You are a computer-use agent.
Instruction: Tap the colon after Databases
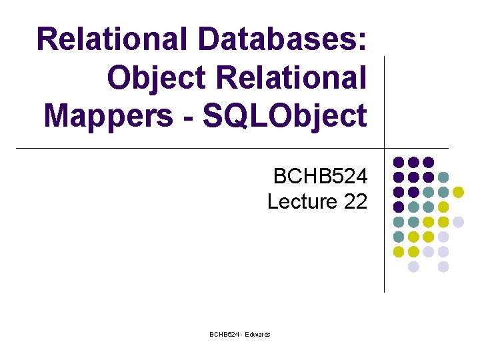[361, 41]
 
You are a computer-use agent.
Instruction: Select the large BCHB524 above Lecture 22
[320, 177]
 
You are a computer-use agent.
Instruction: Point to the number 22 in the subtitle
[355, 201]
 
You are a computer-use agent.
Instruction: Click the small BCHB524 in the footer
[223, 334]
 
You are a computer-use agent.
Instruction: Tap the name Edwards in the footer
[258, 334]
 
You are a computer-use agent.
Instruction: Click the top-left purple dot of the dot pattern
[399, 162]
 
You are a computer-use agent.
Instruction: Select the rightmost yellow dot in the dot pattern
[458, 192]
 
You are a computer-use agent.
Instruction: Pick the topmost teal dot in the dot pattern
[443, 177]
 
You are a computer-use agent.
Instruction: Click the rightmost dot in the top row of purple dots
[429, 162]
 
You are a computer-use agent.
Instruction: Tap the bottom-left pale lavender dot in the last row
[413, 267]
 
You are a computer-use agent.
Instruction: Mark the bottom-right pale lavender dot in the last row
[443, 267]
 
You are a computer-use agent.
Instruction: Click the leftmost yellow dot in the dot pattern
[399, 252]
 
